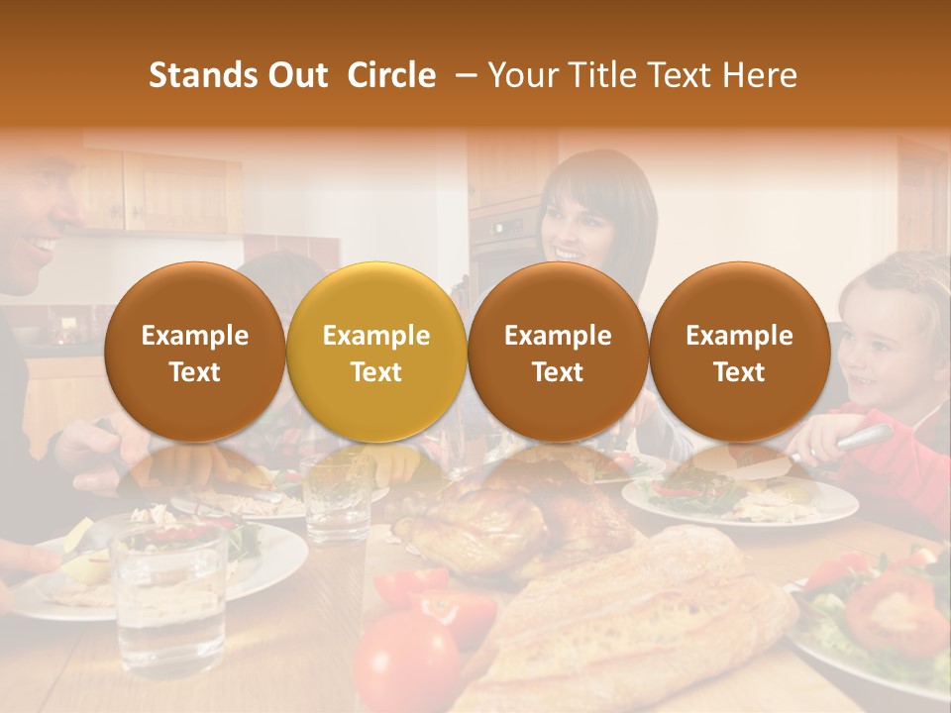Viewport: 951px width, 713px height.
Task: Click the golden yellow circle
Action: [x=375, y=353]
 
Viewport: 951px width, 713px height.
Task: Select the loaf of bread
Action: [x=634, y=614]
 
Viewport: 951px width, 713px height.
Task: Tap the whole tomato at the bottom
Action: [x=406, y=663]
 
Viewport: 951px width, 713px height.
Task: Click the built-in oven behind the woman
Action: [x=500, y=248]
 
